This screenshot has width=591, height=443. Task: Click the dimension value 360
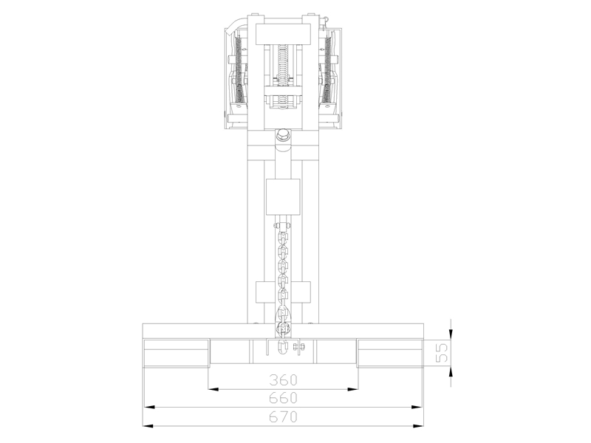click(x=284, y=381)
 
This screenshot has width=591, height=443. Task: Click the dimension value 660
click(x=284, y=399)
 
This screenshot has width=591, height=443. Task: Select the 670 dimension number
click(x=284, y=417)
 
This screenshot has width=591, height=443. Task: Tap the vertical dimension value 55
click(x=442, y=352)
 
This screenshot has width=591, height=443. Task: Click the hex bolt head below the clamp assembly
click(x=284, y=136)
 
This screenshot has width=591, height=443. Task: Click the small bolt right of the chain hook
click(x=299, y=346)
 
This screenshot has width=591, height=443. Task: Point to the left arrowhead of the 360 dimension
click(x=213, y=388)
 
